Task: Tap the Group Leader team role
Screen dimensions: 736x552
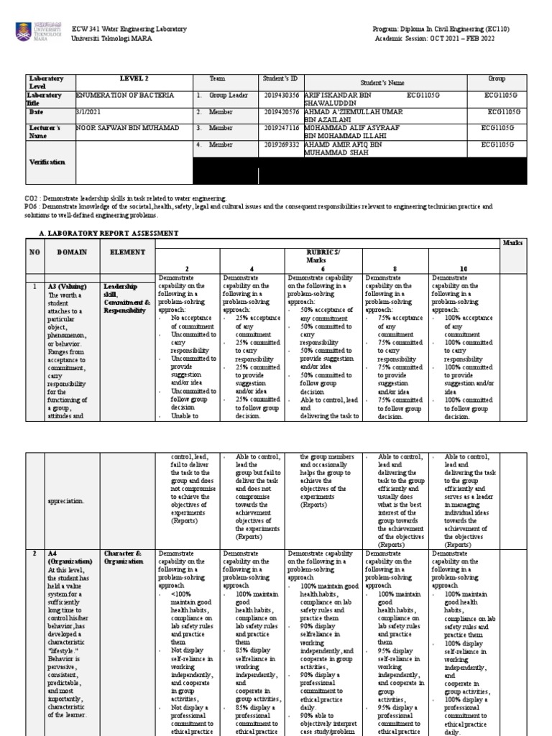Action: (228, 95)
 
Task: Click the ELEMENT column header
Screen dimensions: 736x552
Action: (127, 252)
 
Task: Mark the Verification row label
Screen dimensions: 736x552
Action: (47, 162)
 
